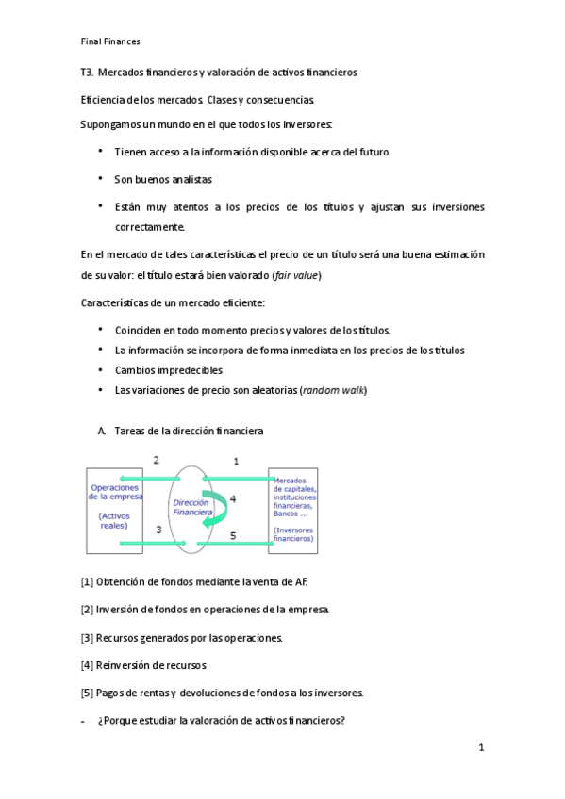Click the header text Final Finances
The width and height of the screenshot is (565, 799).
click(110, 41)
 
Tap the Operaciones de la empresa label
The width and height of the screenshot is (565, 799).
click(115, 492)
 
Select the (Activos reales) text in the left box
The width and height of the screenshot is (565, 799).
click(114, 521)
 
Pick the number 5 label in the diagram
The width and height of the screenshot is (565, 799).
click(234, 534)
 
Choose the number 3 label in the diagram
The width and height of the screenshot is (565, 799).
click(158, 531)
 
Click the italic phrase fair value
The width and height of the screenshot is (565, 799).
click(296, 275)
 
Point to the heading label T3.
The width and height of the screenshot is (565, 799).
click(87, 73)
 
